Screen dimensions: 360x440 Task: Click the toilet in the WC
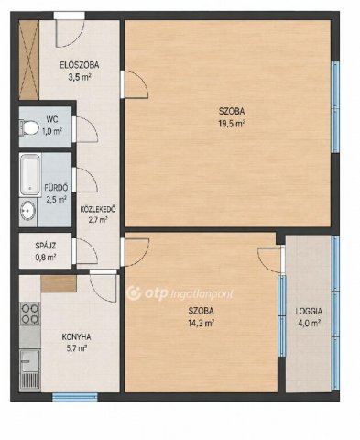28,127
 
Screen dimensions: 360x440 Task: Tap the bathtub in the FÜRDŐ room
30,175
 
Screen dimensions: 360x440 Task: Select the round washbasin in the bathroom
27,211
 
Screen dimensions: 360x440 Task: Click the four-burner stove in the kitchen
30,313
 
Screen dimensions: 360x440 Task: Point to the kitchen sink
30,361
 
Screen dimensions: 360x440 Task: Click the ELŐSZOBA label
79,65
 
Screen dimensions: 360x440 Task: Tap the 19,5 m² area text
231,124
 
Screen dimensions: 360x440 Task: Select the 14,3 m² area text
201,324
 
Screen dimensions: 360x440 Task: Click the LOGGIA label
309,312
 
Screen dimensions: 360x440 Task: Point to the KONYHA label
76,337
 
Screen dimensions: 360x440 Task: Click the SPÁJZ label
45,246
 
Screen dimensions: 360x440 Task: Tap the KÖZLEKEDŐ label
97,209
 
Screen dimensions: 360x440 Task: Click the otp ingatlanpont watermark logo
180,293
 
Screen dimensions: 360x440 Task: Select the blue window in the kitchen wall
75,397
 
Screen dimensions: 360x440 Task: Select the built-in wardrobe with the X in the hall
28,60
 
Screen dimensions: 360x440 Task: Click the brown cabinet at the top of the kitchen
59,283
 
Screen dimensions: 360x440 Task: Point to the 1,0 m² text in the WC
52,132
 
